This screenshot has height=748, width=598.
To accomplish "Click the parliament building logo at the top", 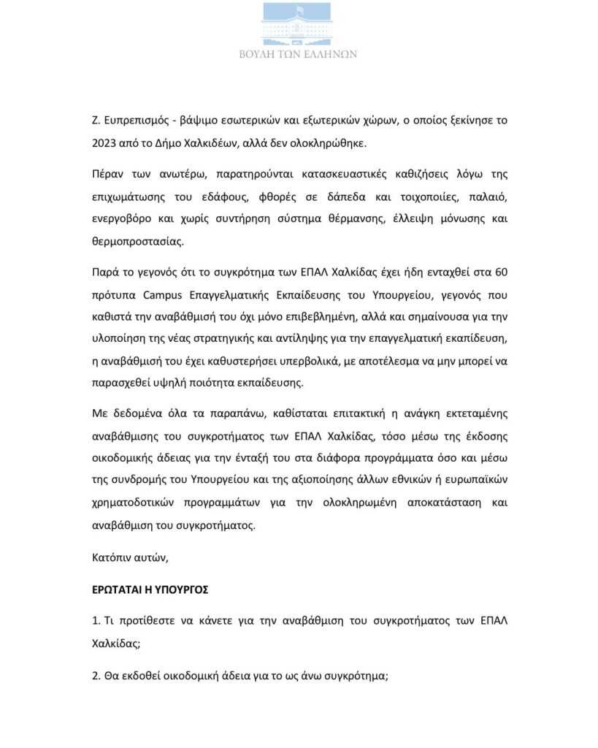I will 299,23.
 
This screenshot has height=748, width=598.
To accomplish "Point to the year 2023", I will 105,142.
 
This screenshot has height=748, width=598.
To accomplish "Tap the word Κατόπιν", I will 111,558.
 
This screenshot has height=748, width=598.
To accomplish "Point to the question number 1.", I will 96,620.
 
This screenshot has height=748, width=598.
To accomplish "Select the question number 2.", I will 96,676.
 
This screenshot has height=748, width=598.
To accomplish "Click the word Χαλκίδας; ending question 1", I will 115,643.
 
